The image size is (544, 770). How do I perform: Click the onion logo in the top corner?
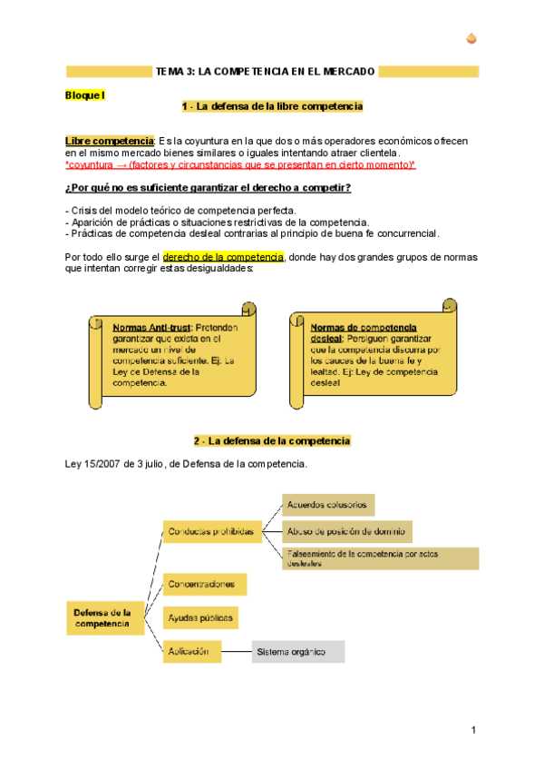[471, 38]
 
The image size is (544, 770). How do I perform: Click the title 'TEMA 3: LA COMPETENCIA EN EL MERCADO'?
[265, 71]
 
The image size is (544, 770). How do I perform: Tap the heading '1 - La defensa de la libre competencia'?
[272, 107]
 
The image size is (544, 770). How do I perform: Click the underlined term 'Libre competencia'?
[109, 141]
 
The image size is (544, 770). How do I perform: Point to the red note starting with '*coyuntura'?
[240, 165]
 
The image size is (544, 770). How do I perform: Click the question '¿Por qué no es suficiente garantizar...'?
[209, 188]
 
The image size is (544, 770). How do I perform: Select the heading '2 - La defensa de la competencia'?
[272, 441]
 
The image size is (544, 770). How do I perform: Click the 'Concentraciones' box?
[204, 584]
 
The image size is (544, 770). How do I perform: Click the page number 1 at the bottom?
[473, 732]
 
